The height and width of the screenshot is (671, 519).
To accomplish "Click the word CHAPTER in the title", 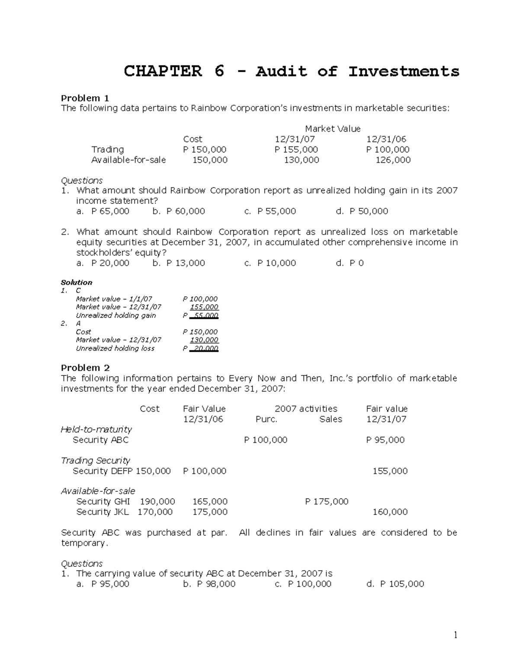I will pyautogui.click(x=163, y=71).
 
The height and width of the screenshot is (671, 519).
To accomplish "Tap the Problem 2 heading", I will pyautogui.click(x=85, y=368).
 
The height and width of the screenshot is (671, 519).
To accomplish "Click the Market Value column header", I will pyautogui.click(x=332, y=129).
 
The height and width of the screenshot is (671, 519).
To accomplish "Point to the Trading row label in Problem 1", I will pyautogui.click(x=107, y=149).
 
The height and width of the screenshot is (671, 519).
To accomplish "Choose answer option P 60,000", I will pyautogui.click(x=185, y=211).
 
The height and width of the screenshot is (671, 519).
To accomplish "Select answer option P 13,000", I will pyautogui.click(x=185, y=263).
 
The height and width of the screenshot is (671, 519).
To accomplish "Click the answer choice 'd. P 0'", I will pyautogui.click(x=350, y=263).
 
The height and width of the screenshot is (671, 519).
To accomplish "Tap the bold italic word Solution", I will pyautogui.click(x=77, y=283).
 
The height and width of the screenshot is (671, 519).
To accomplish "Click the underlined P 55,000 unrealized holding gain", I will pyautogui.click(x=201, y=315).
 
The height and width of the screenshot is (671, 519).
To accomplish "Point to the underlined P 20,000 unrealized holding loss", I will pyautogui.click(x=201, y=348).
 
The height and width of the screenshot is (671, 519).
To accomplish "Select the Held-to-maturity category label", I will pyautogui.click(x=96, y=429).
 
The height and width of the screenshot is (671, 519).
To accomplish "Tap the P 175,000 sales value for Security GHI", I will pyautogui.click(x=327, y=502).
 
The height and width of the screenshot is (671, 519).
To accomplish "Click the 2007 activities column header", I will pyautogui.click(x=306, y=409).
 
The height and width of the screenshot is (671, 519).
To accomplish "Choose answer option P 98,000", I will pyautogui.click(x=216, y=584).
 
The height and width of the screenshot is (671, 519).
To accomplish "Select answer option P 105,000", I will pyautogui.click(x=402, y=584).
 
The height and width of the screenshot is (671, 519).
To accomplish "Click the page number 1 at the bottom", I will pyautogui.click(x=455, y=635).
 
